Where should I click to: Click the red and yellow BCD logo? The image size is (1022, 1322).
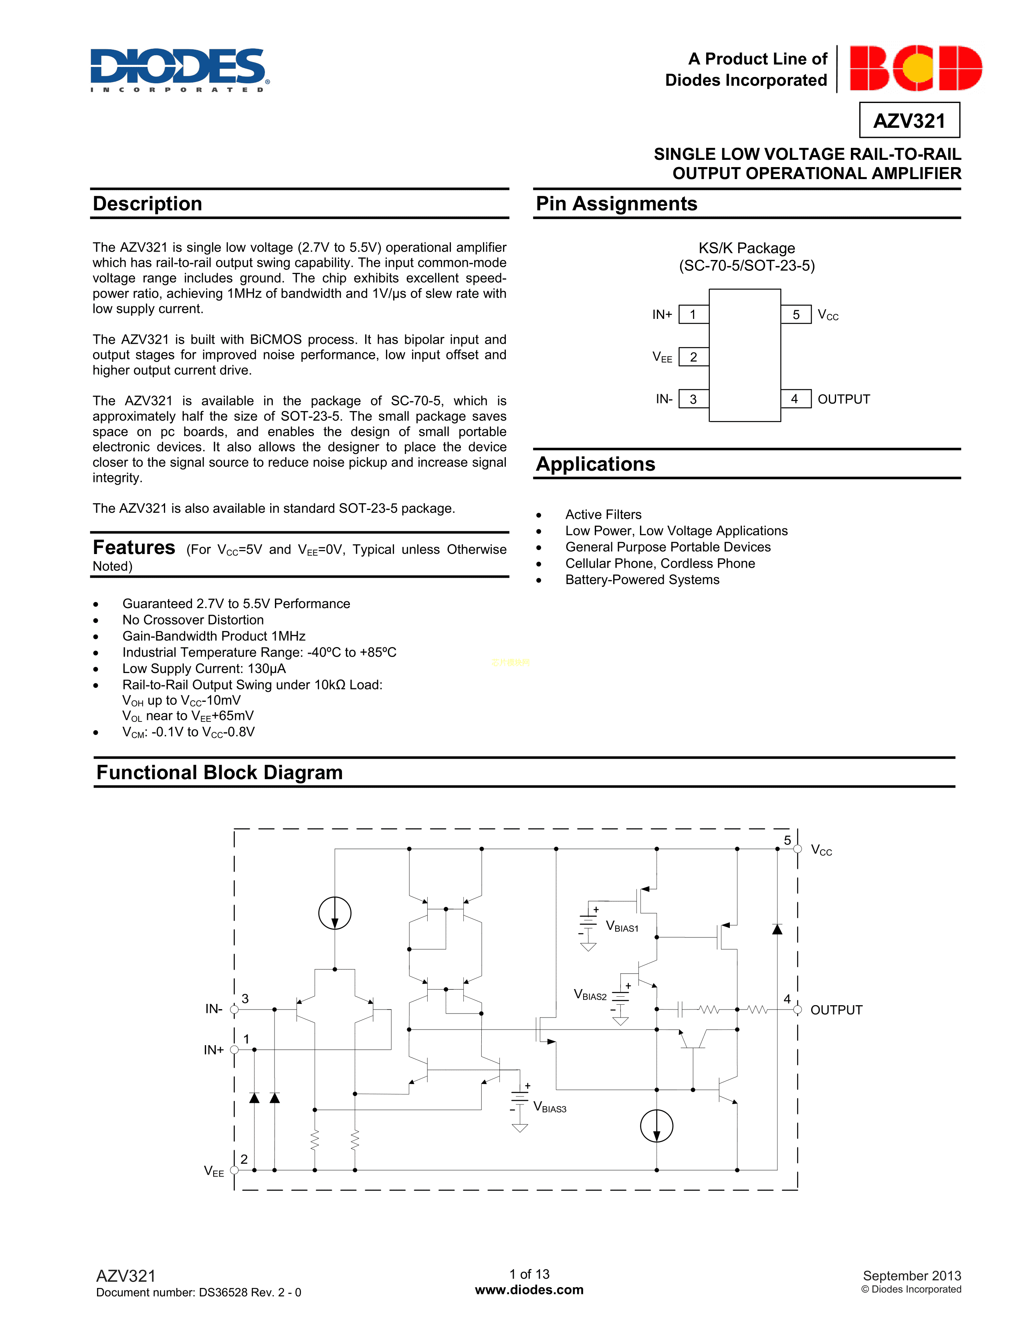click(915, 68)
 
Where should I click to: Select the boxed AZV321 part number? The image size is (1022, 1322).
click(909, 121)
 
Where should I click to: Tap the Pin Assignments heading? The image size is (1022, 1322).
click(616, 204)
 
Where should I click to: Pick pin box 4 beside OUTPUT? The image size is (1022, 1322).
click(795, 399)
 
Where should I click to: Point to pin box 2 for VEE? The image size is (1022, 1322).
click(693, 357)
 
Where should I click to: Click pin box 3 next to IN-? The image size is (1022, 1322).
click(693, 399)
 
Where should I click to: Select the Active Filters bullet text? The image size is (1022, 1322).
click(603, 514)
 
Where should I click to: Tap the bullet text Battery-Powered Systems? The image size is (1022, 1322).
click(642, 580)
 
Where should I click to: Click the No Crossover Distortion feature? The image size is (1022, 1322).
click(192, 620)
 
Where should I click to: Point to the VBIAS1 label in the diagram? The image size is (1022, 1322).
click(622, 927)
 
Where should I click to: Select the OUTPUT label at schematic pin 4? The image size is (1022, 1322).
click(836, 1010)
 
